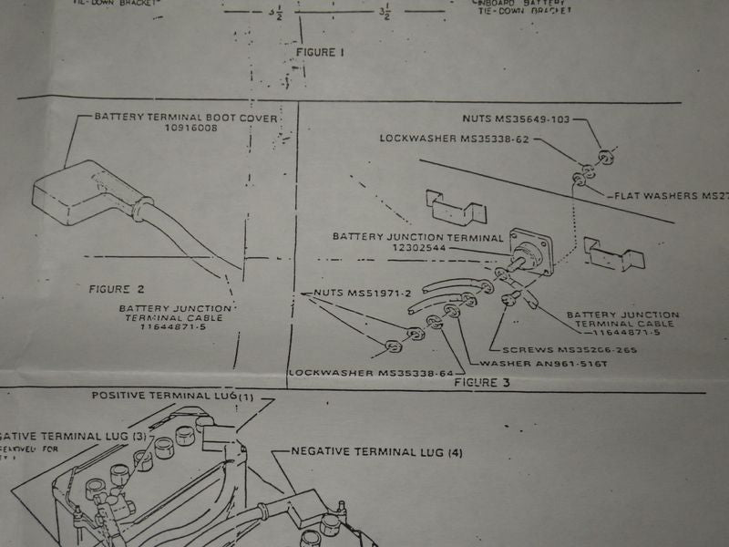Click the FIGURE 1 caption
click(320, 53)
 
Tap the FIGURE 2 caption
click(116, 289)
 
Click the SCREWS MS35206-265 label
click(562, 350)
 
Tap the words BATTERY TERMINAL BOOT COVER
click(186, 118)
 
